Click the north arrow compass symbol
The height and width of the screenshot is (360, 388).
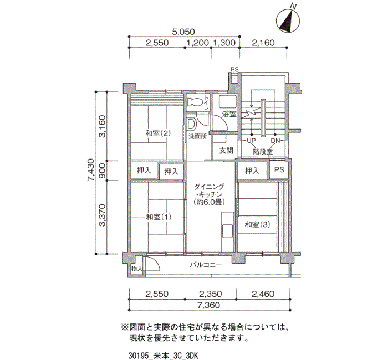[288, 20]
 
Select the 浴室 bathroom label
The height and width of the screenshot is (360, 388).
[229, 114]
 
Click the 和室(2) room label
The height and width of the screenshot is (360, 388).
[158, 133]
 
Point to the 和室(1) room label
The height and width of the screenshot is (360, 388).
[159, 217]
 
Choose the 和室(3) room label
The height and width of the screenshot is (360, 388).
[257, 224]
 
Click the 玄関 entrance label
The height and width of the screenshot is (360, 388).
[226, 150]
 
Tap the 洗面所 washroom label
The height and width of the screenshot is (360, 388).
[197, 136]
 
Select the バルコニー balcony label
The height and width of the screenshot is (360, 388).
[206, 265]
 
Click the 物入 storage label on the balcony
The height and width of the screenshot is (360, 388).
[136, 269]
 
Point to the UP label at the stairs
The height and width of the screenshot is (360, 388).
[252, 141]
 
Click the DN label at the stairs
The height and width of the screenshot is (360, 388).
[275, 141]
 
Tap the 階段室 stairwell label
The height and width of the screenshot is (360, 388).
[263, 152]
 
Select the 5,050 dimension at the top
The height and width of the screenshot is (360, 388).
[183, 32]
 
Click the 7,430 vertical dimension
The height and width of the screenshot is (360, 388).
[91, 170]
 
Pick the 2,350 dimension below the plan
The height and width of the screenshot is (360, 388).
[211, 294]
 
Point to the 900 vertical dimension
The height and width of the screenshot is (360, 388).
[102, 171]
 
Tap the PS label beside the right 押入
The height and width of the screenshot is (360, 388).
[279, 170]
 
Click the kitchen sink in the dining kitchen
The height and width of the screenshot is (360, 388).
[227, 231]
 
